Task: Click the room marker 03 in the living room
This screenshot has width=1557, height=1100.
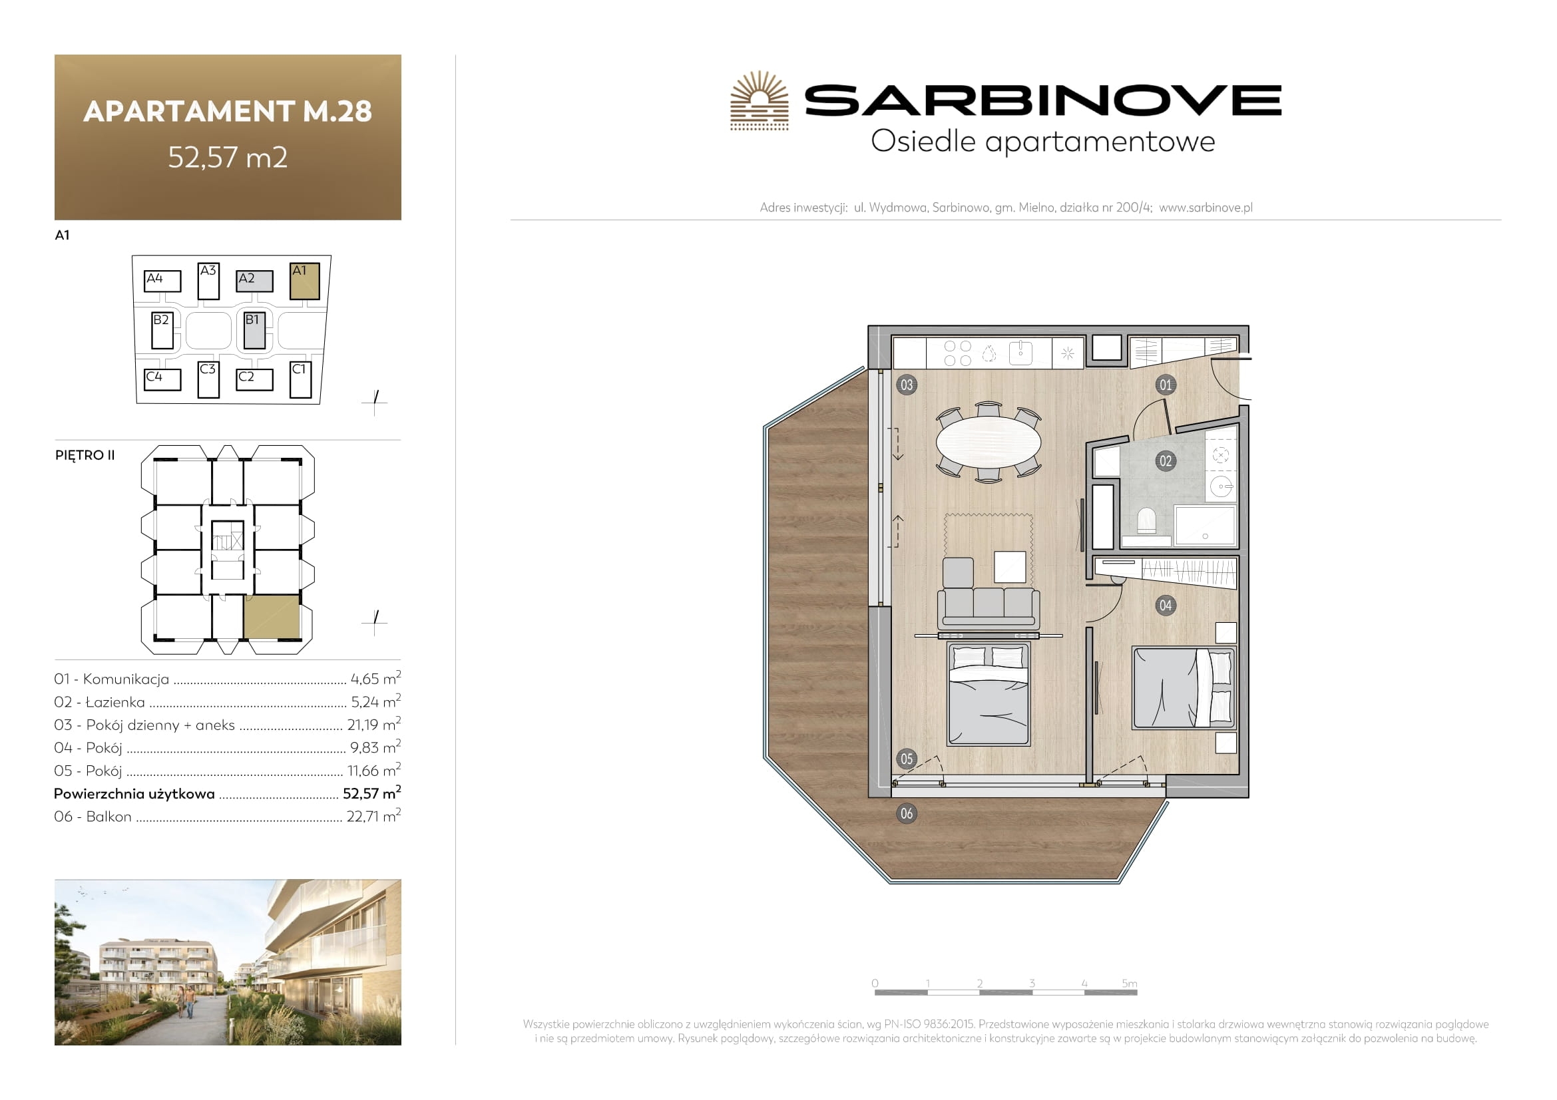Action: tap(907, 385)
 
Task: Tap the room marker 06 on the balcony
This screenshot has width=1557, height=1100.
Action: tap(907, 813)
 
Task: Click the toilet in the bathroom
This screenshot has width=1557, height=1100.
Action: tap(1147, 521)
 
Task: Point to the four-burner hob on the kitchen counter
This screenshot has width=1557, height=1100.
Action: tap(957, 353)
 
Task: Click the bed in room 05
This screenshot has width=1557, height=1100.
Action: tap(989, 694)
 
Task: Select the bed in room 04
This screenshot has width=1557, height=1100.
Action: tap(1184, 688)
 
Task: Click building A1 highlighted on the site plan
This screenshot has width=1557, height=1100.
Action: tap(304, 281)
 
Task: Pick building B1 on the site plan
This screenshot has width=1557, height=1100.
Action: tap(254, 330)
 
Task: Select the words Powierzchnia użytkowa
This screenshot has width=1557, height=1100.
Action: tap(134, 794)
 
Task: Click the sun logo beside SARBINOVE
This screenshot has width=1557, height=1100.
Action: tap(760, 100)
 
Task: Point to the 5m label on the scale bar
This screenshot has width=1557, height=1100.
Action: tap(1129, 983)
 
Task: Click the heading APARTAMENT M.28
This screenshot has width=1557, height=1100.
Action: tap(228, 111)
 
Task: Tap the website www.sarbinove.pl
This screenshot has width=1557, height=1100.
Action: tap(1206, 208)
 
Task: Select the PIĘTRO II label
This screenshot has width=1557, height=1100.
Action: tap(85, 455)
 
